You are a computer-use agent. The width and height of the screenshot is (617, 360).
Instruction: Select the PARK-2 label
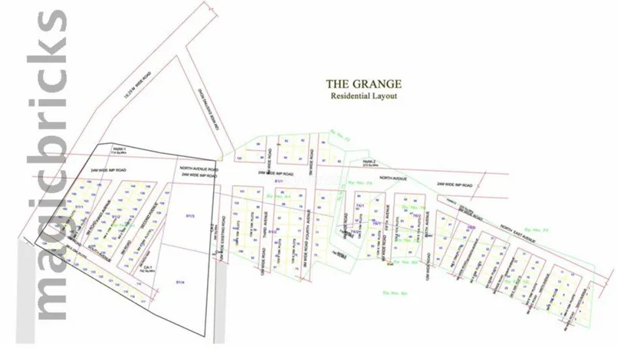[369, 162]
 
